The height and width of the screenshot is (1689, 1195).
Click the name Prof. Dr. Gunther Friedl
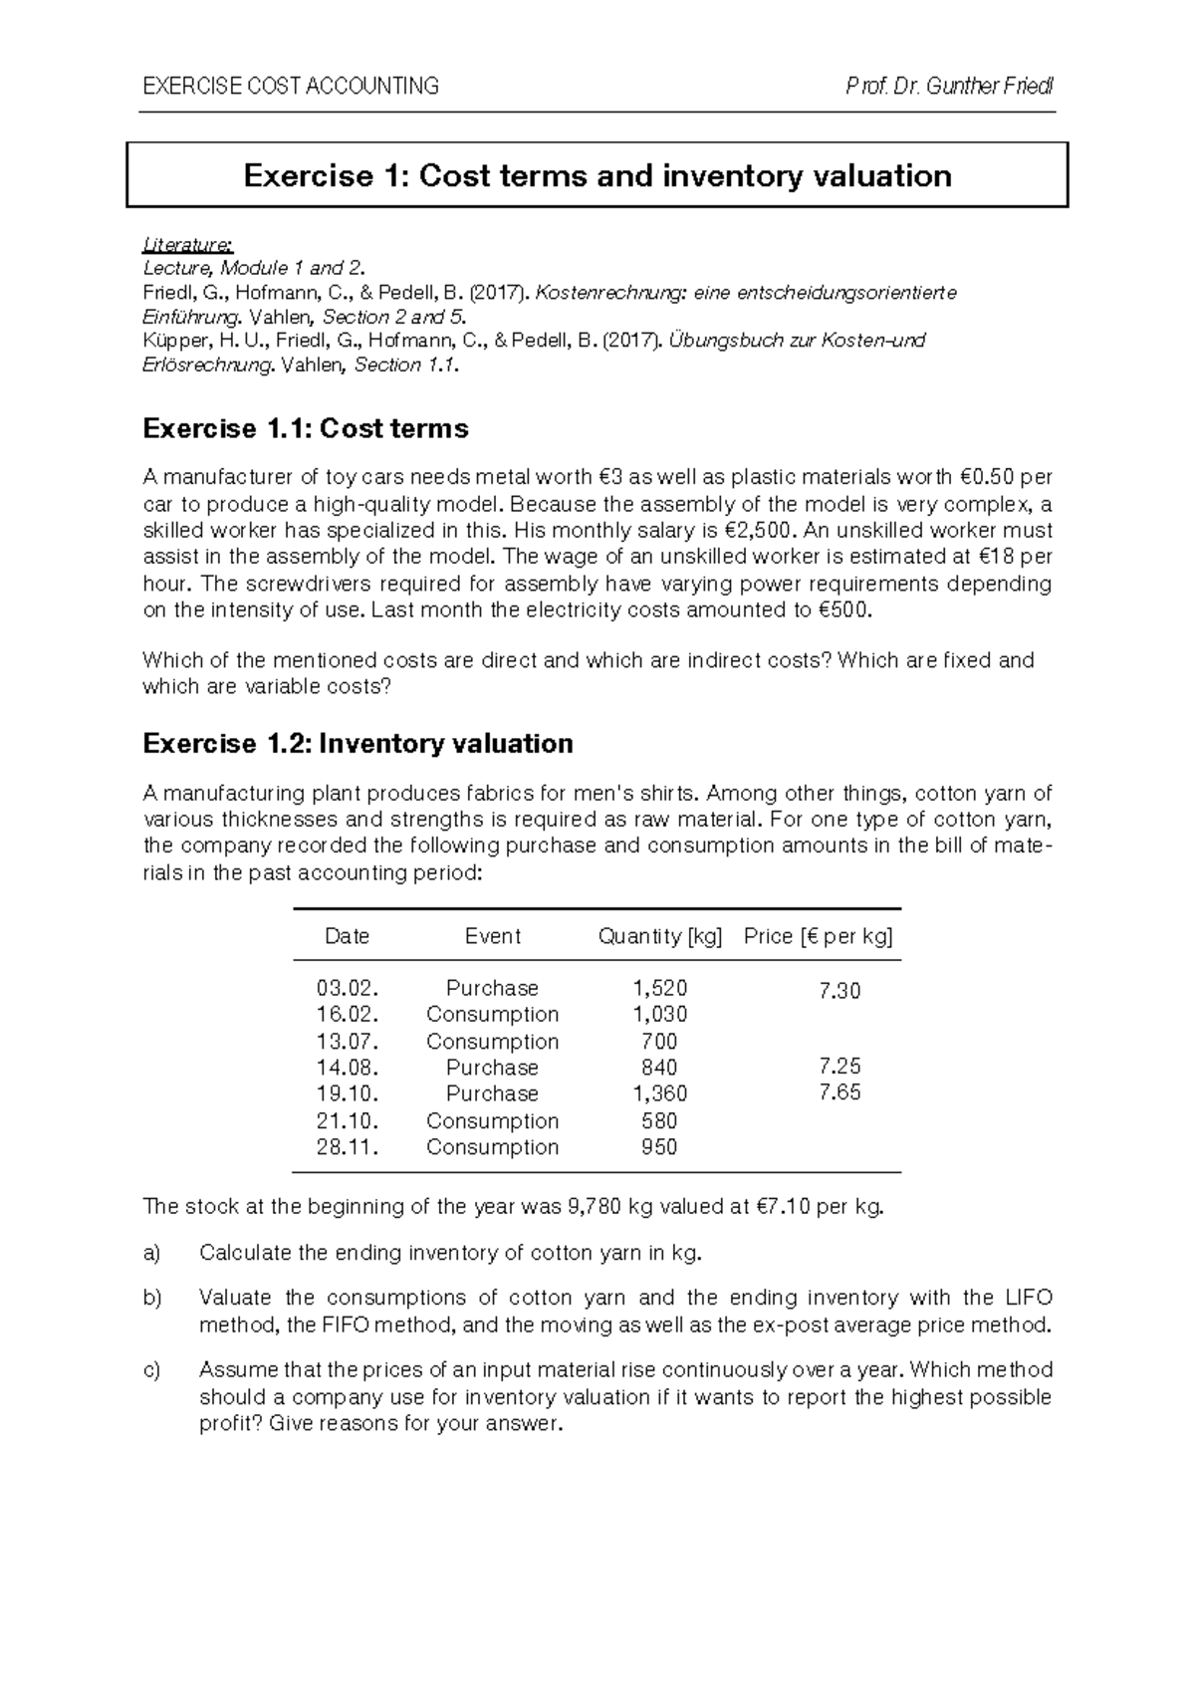tap(949, 86)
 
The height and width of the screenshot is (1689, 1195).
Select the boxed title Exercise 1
tap(597, 176)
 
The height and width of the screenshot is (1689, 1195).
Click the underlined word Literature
tap(188, 244)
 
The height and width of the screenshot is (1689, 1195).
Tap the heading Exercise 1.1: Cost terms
tap(306, 429)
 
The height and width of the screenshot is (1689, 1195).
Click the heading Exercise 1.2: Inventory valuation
tap(358, 744)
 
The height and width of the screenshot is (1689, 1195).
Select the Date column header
tap(347, 936)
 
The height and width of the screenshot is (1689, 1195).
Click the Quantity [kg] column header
tap(659, 936)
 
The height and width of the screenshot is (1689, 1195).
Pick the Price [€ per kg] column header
tap(819, 936)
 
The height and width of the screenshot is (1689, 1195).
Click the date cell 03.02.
tap(348, 988)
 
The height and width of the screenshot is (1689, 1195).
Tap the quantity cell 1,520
tap(659, 988)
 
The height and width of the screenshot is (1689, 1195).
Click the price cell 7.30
tap(839, 991)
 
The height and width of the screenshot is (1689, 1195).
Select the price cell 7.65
tap(839, 1092)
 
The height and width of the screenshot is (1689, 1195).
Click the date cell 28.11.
tap(348, 1147)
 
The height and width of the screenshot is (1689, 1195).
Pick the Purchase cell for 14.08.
tap(492, 1068)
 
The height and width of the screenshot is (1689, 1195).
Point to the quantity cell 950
tap(659, 1147)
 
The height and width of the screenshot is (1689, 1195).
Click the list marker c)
tap(151, 1371)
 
